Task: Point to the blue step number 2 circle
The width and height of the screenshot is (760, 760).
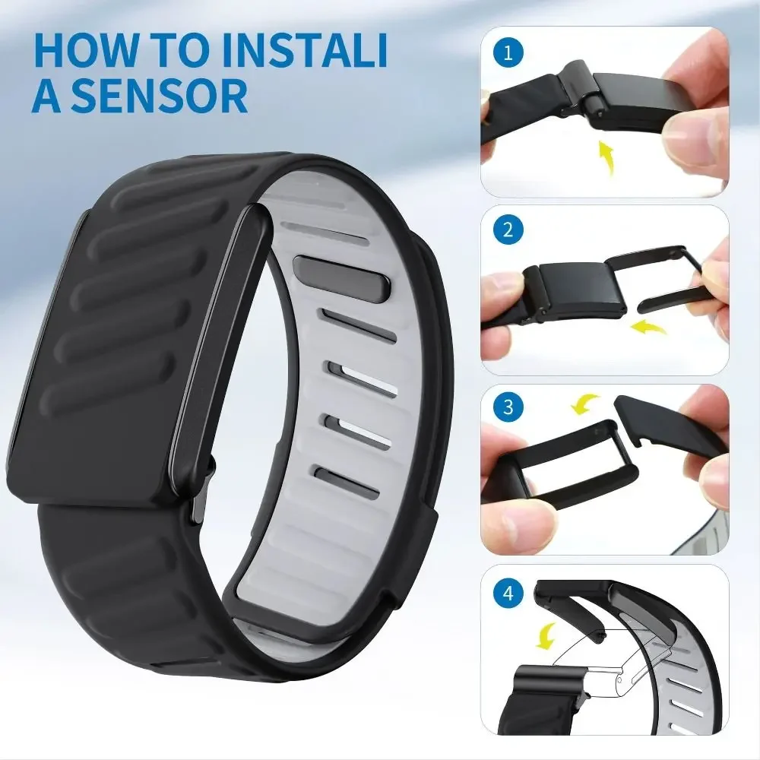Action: point(504,230)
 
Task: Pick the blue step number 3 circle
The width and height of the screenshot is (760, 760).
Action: point(504,409)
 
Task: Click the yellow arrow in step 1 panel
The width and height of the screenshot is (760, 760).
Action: point(606,157)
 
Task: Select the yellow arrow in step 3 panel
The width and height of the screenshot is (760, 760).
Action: point(585,404)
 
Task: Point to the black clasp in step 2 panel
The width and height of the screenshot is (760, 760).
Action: point(577,293)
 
